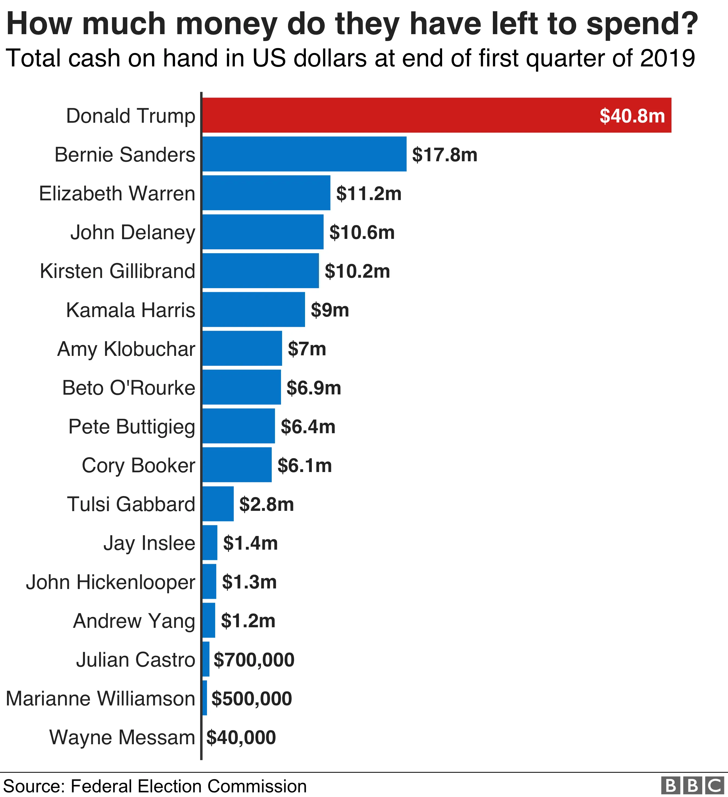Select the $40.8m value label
point(632,116)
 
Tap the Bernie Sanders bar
point(304,154)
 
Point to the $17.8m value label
point(444,155)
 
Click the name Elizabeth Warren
point(117,194)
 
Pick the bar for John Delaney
point(263,232)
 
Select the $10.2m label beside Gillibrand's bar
point(357,271)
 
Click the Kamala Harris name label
point(130,310)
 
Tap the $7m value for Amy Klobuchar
point(307,349)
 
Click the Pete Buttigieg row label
point(132,427)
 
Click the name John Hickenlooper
point(111,582)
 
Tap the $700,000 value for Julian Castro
point(254,660)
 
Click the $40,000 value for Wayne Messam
point(241,737)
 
